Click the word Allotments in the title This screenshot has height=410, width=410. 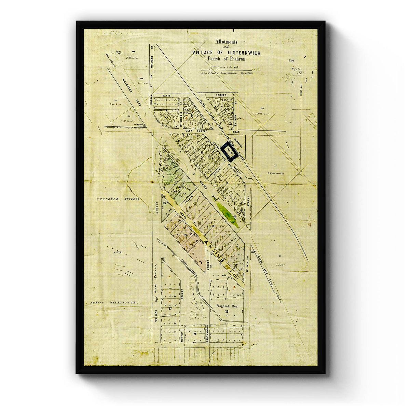pos(225,42)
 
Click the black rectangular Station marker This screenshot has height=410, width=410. pos(229,152)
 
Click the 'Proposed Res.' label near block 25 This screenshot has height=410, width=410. pos(227,306)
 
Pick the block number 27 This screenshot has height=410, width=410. pos(169,309)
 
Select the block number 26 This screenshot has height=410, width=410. pos(195,334)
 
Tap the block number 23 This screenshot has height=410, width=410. pos(164,203)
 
